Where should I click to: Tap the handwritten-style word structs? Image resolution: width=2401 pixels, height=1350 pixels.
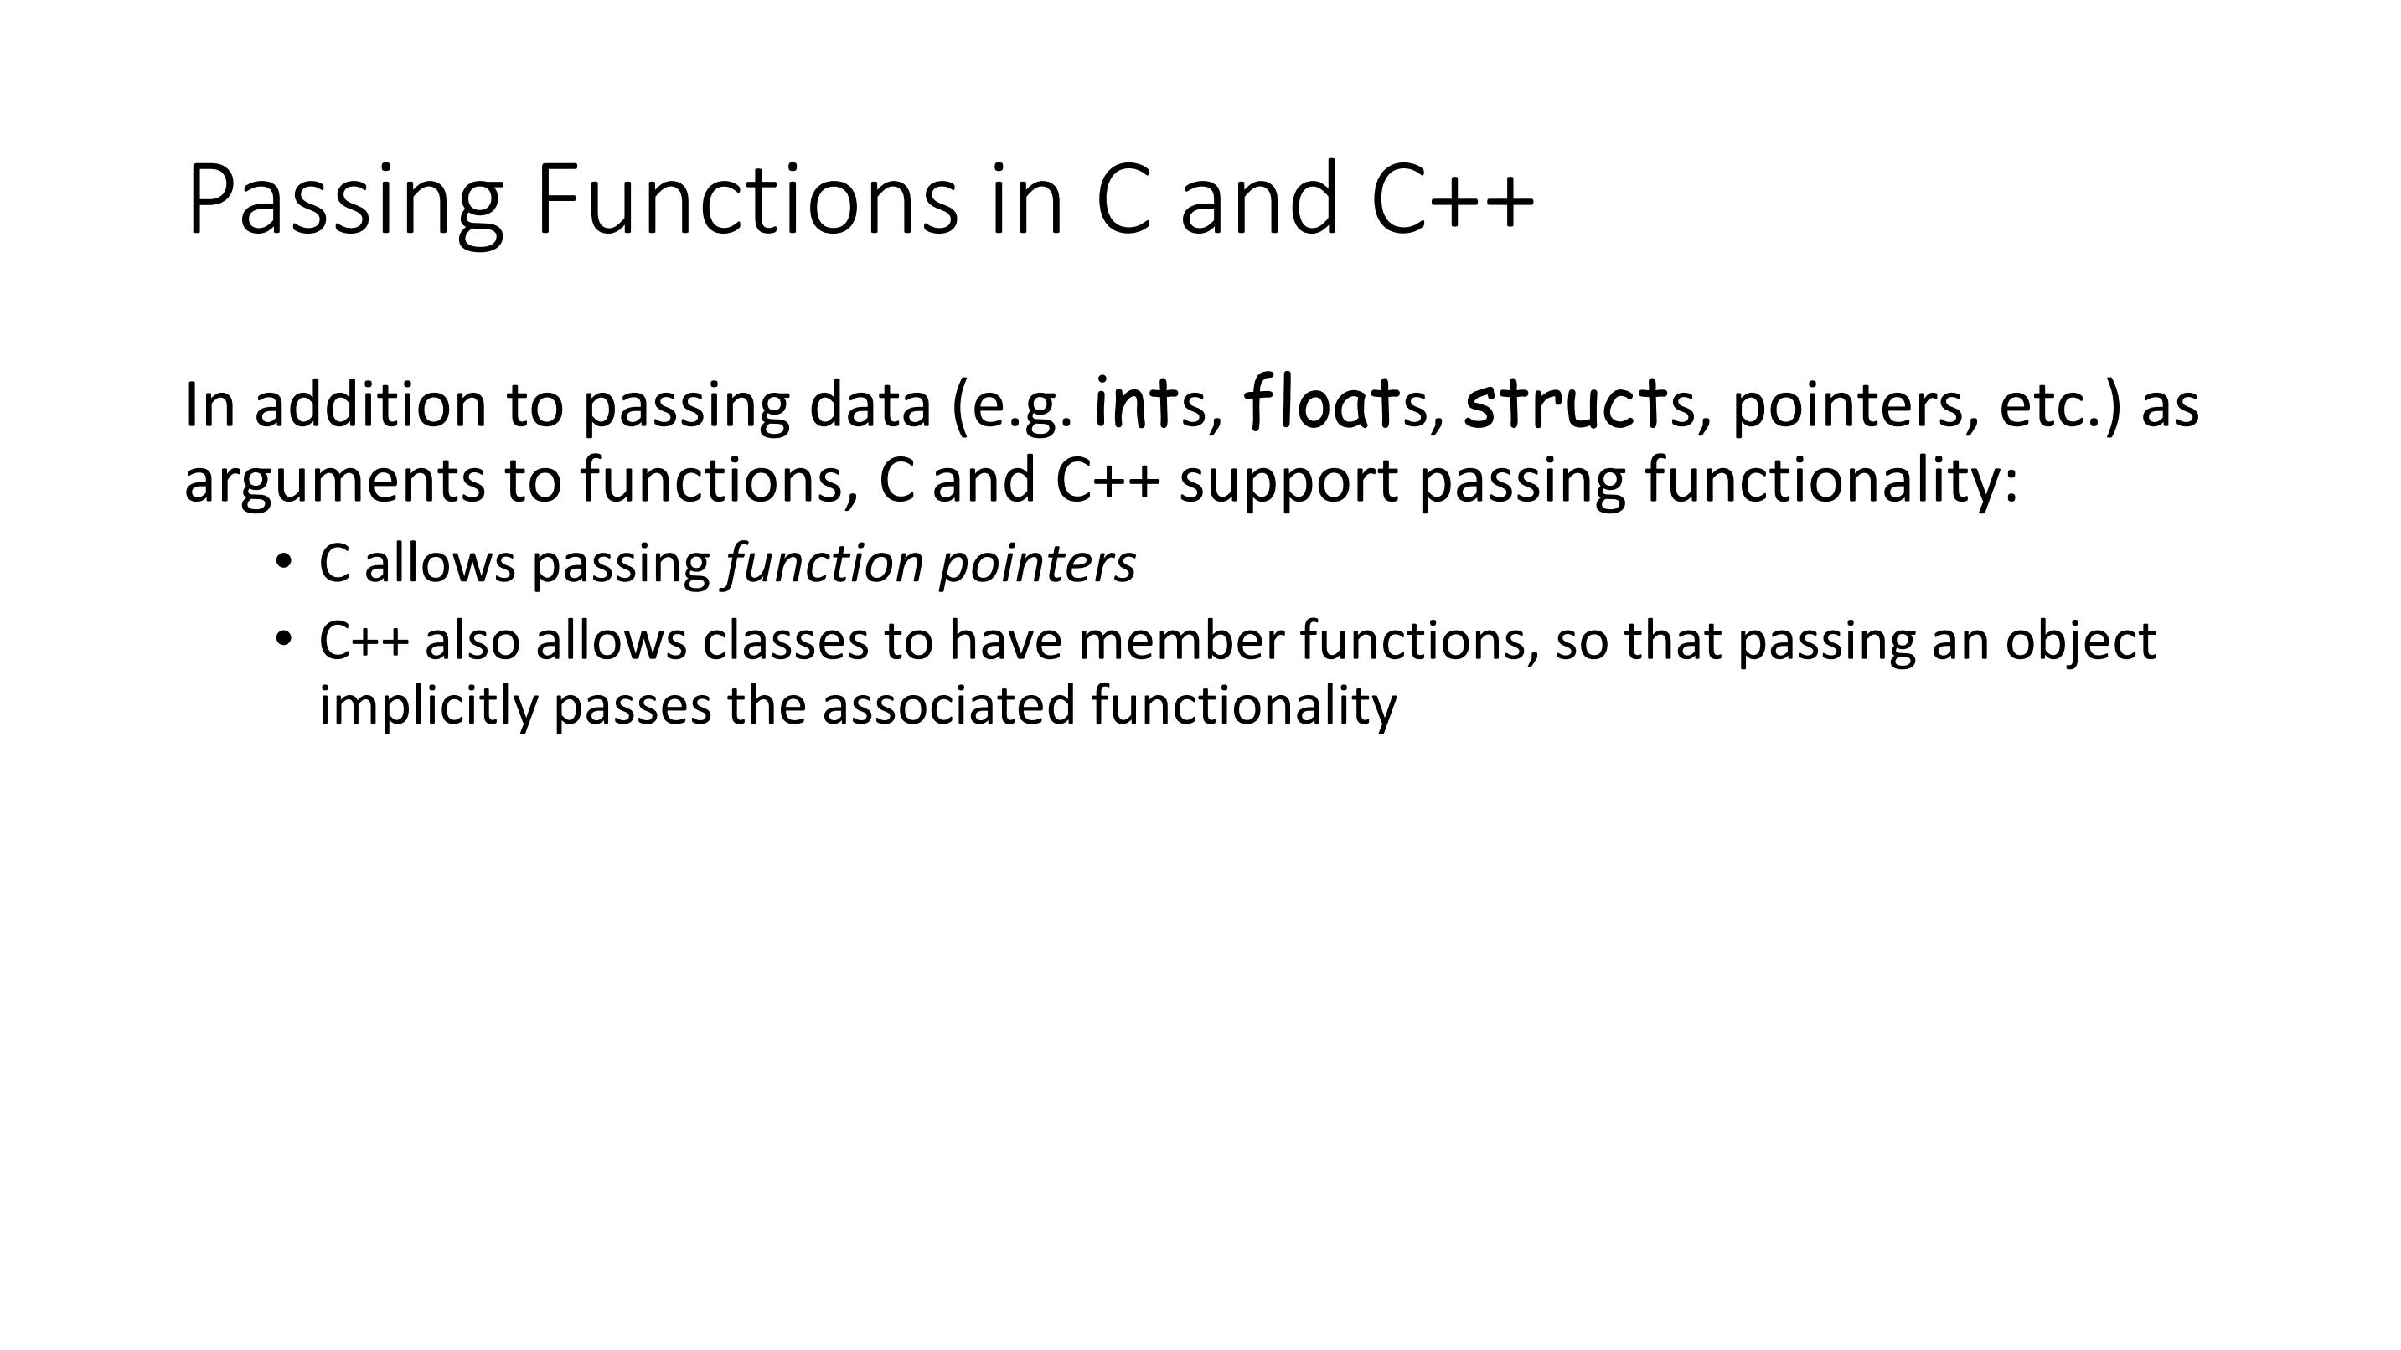[x=1579, y=403]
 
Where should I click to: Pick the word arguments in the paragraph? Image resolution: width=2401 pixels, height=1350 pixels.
[x=334, y=481]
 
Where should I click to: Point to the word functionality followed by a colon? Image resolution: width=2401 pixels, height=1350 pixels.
[x=1830, y=481]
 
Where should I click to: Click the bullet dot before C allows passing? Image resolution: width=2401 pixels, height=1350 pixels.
[x=283, y=561]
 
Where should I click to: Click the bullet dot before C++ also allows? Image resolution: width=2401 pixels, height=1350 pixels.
[x=283, y=638]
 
